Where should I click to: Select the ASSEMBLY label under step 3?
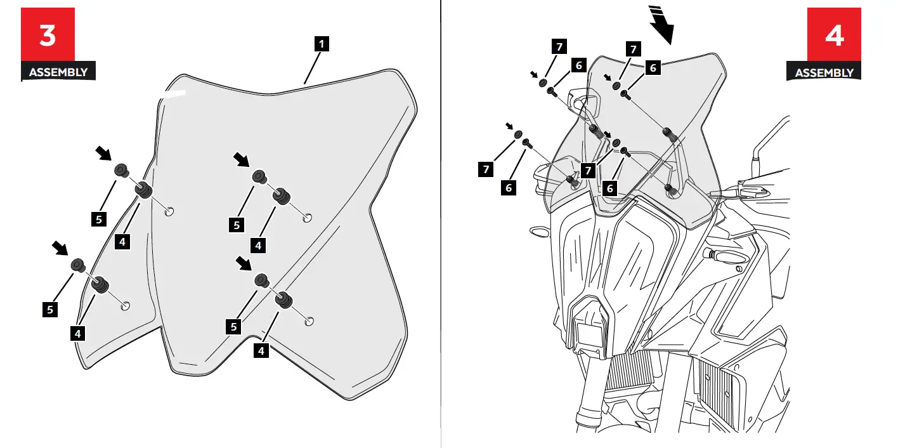(x=58, y=72)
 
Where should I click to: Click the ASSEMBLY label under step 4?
(x=824, y=72)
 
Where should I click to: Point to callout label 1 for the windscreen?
(x=323, y=44)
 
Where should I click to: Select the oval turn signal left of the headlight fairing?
(x=539, y=232)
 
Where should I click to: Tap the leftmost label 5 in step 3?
(x=49, y=309)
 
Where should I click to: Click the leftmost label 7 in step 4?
(x=485, y=169)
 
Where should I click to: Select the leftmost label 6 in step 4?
(x=508, y=188)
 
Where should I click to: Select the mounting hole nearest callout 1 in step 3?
(x=307, y=218)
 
